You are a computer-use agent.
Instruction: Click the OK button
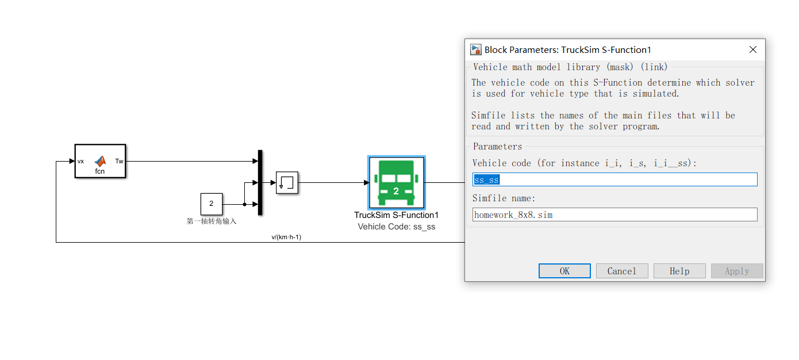564,271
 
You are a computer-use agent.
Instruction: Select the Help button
679,271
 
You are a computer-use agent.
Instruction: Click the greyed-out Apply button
736,271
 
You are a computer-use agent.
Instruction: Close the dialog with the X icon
752,50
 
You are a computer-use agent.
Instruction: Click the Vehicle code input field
614,179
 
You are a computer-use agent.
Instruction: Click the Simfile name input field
614,215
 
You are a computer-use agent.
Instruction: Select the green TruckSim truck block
396,183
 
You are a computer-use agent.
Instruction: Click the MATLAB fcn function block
100,162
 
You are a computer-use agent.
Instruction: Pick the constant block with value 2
211,204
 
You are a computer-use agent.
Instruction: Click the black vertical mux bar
260,182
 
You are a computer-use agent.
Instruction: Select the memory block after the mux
286,182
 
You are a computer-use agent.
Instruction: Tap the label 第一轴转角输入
212,221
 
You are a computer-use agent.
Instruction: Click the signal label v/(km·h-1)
286,237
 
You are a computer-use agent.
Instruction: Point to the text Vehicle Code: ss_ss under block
396,227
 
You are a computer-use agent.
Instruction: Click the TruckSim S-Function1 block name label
396,215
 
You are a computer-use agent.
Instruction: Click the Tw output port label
119,161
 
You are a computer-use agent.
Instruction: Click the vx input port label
81,161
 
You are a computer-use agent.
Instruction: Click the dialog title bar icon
475,49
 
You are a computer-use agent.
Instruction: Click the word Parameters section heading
497,146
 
